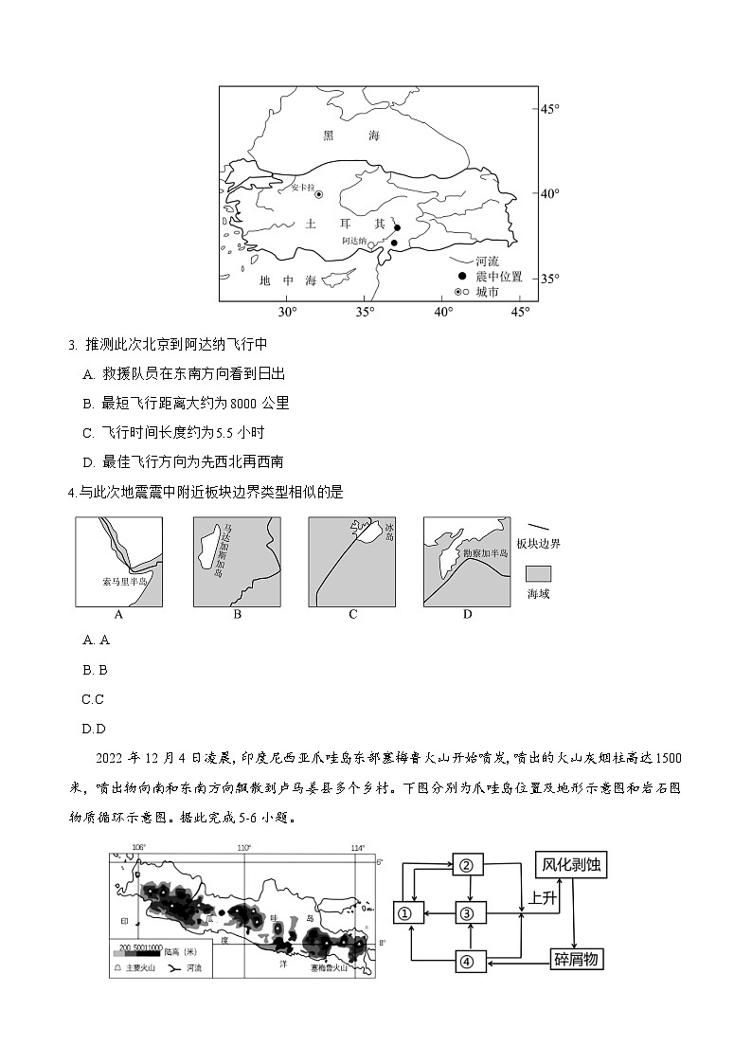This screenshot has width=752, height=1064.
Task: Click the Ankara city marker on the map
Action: tap(318, 194)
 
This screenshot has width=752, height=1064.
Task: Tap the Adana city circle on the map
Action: tap(394, 243)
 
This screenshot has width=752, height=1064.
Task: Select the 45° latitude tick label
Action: tap(550, 110)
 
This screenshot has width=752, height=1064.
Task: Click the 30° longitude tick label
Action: tap(287, 312)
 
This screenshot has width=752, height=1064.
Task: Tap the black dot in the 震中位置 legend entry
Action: tap(461, 276)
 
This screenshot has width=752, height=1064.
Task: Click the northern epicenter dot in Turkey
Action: tap(398, 227)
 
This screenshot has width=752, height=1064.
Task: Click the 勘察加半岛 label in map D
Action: tap(483, 552)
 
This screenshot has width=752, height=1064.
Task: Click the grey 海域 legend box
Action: tap(539, 573)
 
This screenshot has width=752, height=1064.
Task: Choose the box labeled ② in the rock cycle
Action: tap(466, 864)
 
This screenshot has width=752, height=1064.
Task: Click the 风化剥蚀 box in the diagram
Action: tap(571, 864)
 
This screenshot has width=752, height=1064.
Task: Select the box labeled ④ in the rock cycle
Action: tap(466, 961)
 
